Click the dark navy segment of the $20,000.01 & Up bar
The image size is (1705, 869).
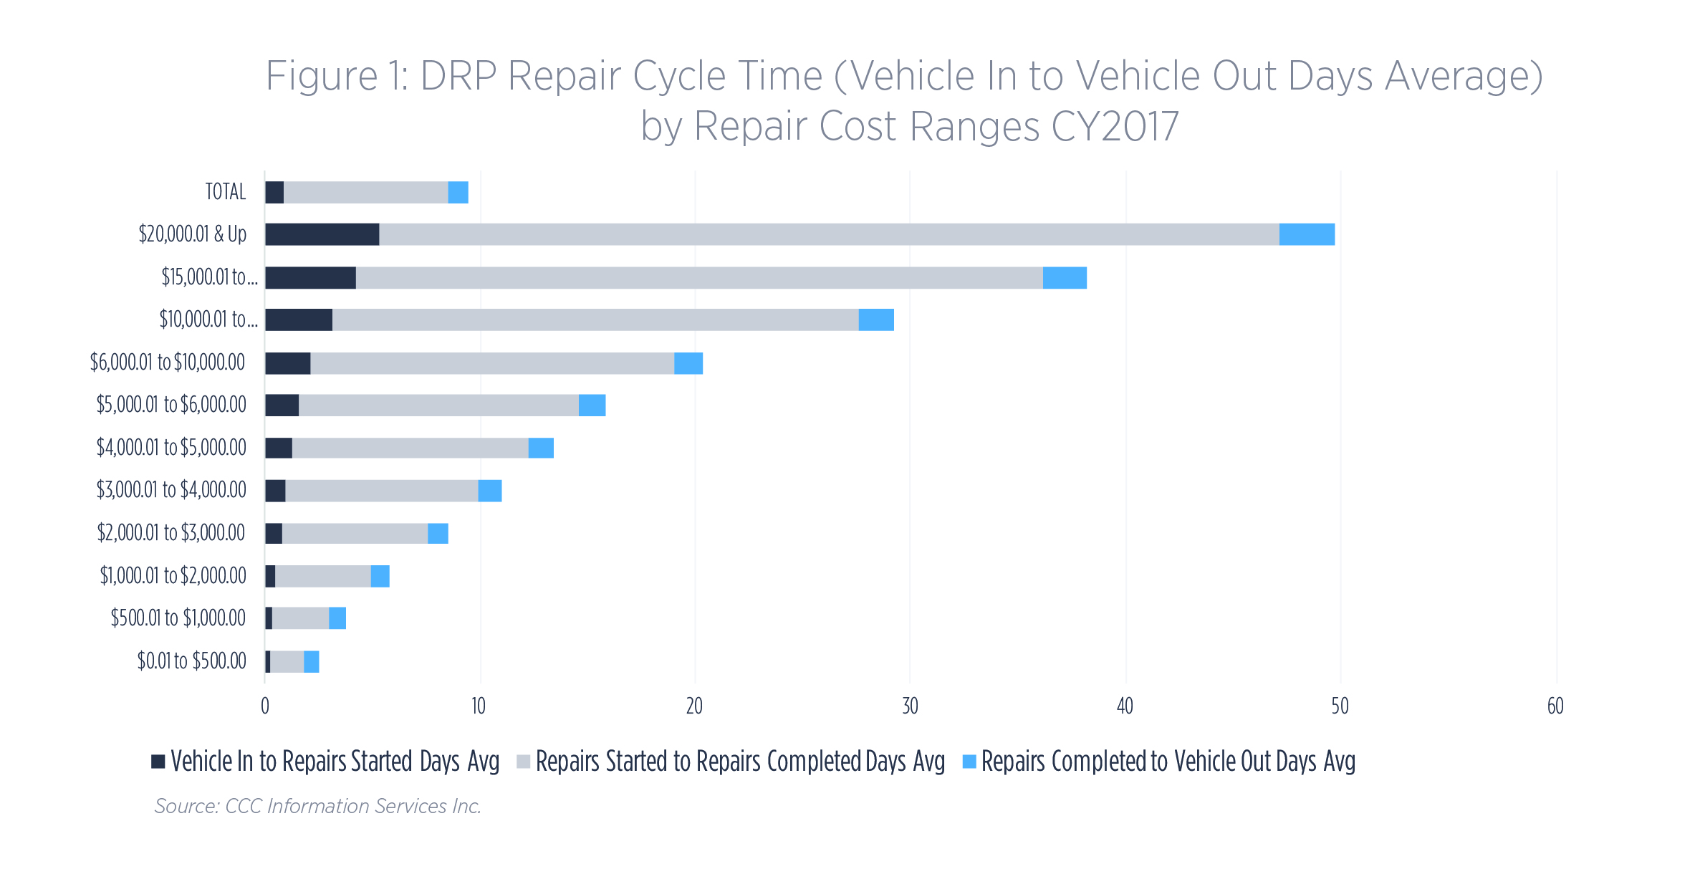322,234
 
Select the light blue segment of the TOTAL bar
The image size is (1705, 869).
458,192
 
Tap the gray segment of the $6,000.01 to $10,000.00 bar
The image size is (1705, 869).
492,363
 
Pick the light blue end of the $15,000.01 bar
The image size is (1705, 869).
1065,278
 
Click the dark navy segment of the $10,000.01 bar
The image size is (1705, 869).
299,320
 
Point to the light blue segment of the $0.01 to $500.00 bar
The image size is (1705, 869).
311,662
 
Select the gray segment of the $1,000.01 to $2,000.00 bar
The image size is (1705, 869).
322,576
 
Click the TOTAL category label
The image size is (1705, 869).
226,192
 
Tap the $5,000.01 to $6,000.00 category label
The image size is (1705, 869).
171,405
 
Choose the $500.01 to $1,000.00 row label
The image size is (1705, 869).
178,618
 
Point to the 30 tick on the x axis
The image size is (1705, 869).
910,707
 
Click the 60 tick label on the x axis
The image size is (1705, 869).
1555,707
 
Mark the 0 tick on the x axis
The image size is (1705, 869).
265,707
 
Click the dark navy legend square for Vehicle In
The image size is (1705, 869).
158,762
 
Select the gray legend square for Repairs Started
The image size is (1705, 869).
523,762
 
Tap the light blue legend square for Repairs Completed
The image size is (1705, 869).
969,762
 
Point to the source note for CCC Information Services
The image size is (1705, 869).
318,807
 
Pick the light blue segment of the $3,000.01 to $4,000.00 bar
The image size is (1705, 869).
490,491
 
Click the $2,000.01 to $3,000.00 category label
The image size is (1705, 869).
171,533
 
